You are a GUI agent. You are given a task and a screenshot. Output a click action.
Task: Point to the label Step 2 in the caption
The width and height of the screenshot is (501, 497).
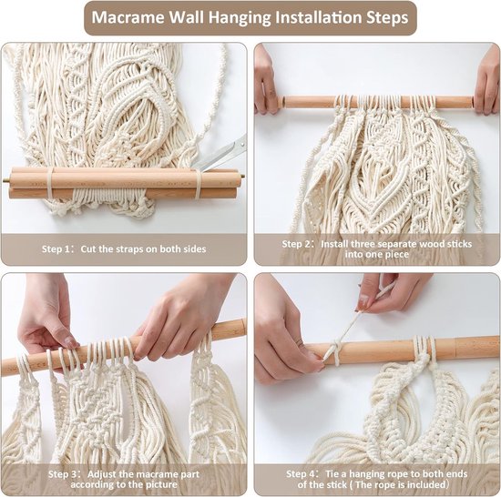[298, 243]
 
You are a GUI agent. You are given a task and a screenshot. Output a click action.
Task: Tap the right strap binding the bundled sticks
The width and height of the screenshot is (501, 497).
[195, 182]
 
